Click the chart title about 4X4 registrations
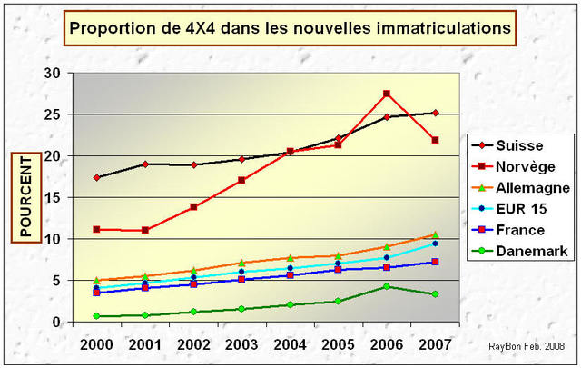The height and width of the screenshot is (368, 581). pyautogui.click(x=290, y=28)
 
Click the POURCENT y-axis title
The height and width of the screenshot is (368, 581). pyautogui.click(x=26, y=197)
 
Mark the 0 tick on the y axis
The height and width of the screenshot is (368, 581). pyautogui.click(x=57, y=322)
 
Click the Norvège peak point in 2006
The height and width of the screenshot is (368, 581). pyautogui.click(x=387, y=94)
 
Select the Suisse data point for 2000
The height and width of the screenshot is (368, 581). pyautogui.click(x=96, y=177)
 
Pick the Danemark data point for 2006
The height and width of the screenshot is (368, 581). pyautogui.click(x=387, y=286)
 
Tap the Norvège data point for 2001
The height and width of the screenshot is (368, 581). pyautogui.click(x=144, y=230)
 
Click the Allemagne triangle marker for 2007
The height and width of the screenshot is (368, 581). pyautogui.click(x=435, y=234)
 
